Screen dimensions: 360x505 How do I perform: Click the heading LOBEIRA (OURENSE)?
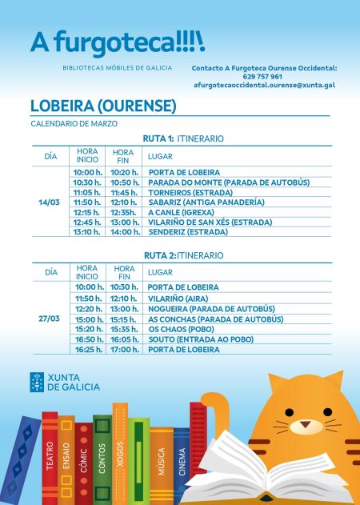(x=102, y=106)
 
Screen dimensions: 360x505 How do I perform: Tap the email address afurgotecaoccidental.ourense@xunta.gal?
(x=265, y=84)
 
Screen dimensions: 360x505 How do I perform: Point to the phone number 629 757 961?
(x=265, y=76)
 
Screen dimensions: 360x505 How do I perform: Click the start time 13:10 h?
(x=86, y=232)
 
